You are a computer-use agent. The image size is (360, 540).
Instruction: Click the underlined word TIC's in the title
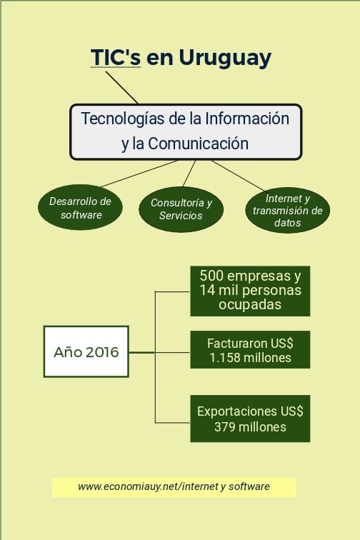point(116,57)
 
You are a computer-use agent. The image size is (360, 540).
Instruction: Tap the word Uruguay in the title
point(225,58)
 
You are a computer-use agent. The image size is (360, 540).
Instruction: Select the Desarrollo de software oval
point(80,208)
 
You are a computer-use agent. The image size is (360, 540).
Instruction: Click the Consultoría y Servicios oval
point(181,209)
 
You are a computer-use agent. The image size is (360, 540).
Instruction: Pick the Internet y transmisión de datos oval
point(288,210)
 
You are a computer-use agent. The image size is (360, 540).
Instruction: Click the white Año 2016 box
point(86,351)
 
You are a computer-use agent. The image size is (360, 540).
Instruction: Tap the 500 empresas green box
point(250,291)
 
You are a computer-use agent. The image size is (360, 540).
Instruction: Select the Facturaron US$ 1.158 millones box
point(250,350)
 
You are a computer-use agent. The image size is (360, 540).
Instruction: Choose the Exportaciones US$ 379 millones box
point(250,419)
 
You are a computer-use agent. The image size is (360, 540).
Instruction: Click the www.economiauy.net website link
point(174,486)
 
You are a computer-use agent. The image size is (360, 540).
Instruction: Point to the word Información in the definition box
point(247,119)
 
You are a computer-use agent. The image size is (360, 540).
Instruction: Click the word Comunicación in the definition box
point(199,144)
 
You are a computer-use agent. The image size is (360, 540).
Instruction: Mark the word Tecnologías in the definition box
point(123,119)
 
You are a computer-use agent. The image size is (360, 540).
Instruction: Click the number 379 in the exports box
point(224,427)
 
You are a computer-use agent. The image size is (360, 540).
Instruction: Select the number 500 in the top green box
point(211,276)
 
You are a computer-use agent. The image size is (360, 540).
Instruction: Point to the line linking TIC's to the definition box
point(121,87)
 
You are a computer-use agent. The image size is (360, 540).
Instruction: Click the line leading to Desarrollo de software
point(139,174)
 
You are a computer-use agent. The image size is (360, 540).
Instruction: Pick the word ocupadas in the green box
point(250,304)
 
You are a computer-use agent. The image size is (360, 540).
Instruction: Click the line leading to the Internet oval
point(238,176)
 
